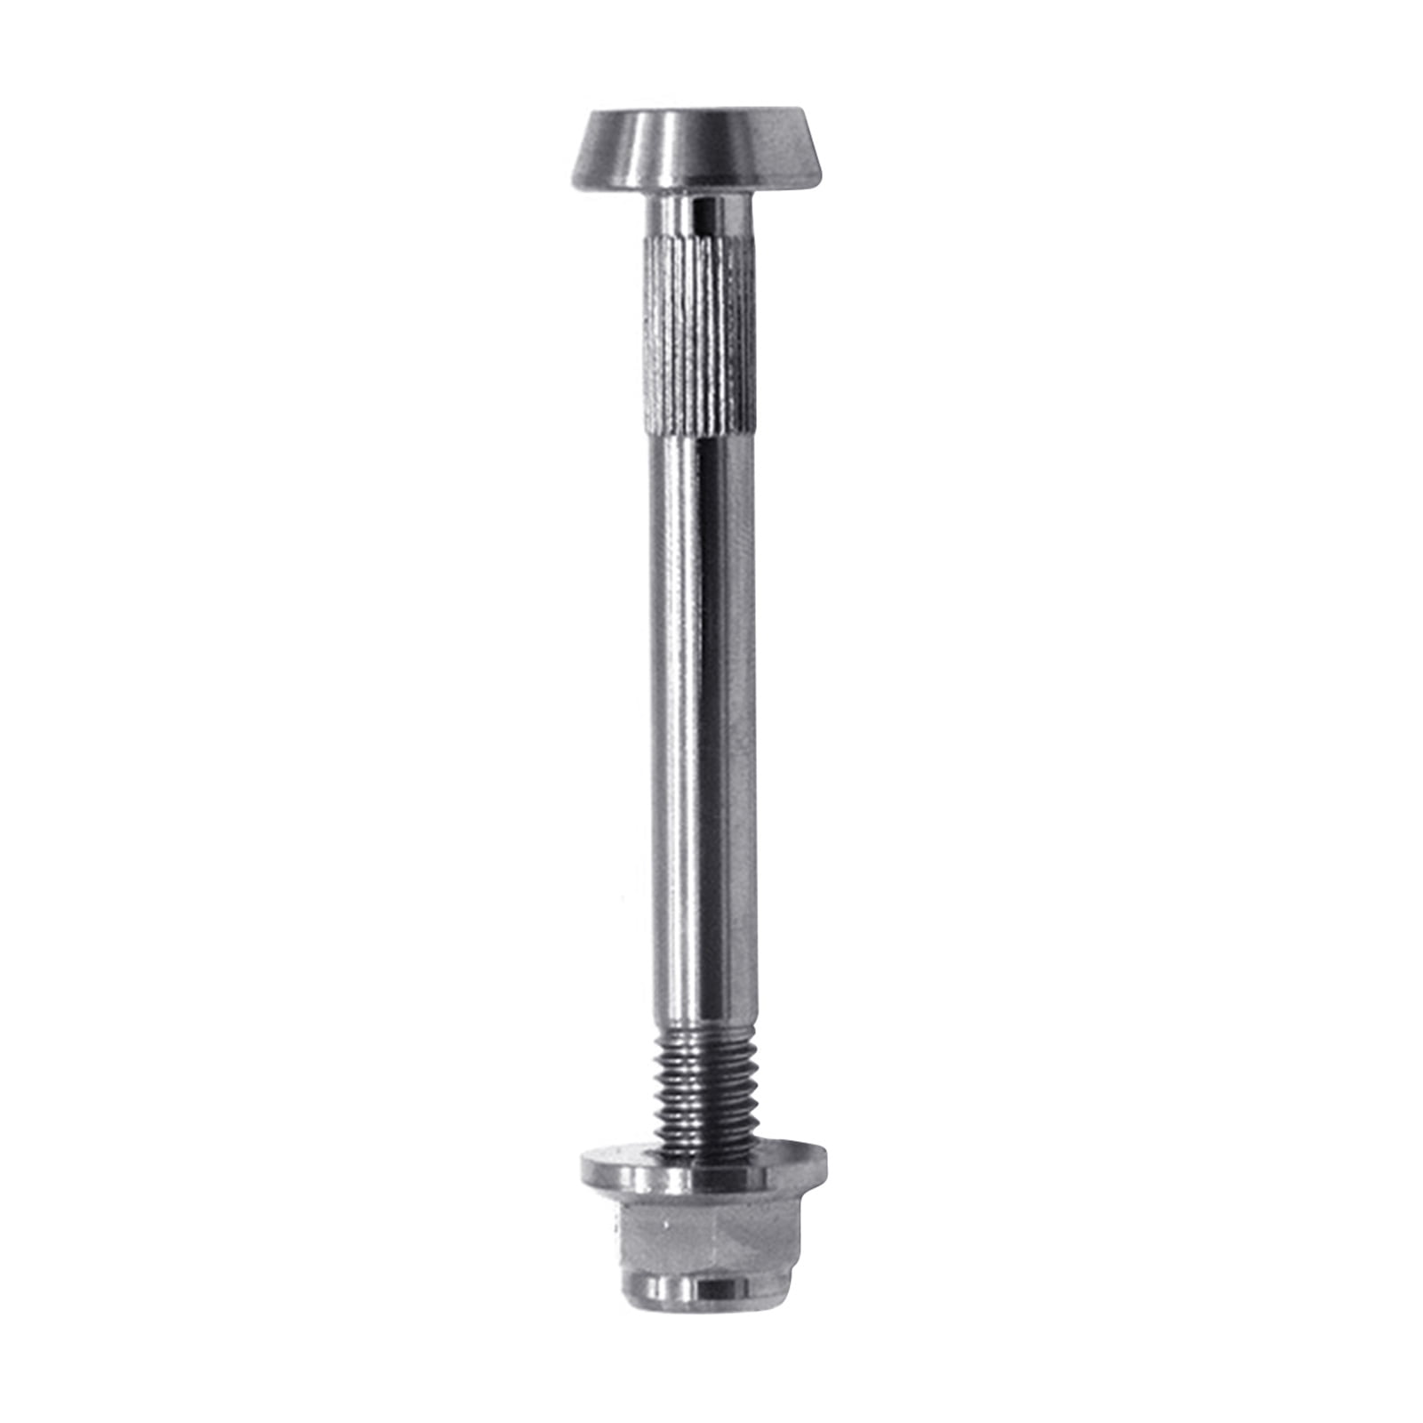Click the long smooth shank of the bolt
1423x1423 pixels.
[699, 711]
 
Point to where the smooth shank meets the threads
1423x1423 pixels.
[703, 1030]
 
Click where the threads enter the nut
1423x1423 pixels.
[703, 1147]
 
